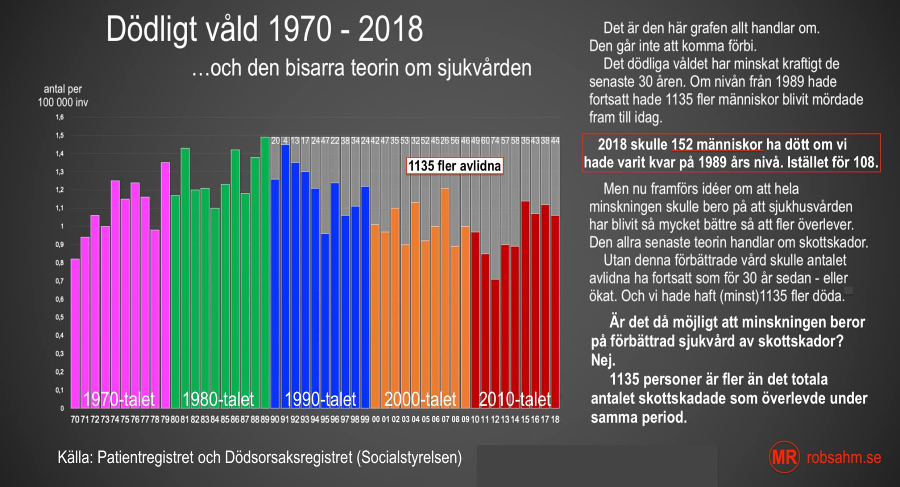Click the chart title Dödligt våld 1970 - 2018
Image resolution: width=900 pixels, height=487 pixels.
coord(264,30)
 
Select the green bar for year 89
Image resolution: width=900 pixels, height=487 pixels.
coord(265,272)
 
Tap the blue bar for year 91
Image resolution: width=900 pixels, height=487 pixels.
coord(285,277)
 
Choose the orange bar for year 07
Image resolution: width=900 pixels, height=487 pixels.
coord(445,299)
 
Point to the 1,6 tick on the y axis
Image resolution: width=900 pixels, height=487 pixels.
coord(60,117)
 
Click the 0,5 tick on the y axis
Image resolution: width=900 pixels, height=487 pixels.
coord(60,317)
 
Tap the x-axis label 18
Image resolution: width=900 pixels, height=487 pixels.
coord(555,419)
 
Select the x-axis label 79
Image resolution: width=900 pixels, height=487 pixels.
coord(165,419)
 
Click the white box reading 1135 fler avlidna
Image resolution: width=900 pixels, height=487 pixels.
coord(454,166)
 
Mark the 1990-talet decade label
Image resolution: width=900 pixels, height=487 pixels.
coord(320,399)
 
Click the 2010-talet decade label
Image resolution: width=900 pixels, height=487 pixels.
coord(515,399)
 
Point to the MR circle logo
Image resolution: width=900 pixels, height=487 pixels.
coord(784,457)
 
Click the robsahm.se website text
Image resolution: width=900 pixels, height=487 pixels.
coord(844,457)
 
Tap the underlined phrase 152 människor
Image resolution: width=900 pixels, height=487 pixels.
coord(717,144)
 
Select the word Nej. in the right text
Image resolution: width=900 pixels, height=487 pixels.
coord(603,360)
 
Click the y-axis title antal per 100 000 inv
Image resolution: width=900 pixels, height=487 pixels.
coord(63,96)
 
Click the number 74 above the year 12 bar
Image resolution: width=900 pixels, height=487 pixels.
coord(495,141)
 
